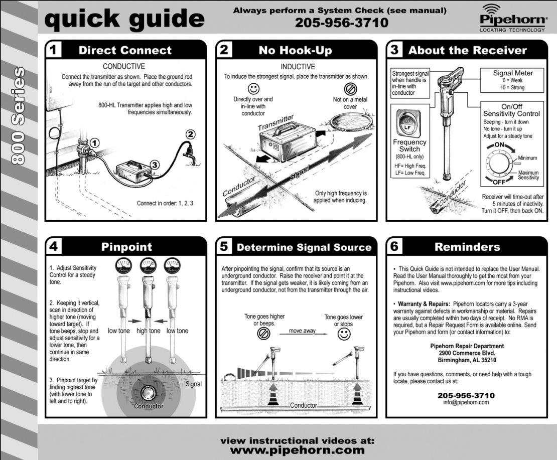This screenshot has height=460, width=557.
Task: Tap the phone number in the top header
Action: click(341, 23)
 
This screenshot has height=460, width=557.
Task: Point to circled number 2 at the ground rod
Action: click(190, 134)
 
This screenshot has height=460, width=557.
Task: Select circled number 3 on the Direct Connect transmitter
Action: click(155, 164)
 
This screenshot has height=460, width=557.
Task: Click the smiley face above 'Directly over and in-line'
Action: click(254, 89)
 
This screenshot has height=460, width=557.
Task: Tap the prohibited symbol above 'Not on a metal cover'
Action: click(350, 89)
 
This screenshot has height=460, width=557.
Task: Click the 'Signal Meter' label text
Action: click(513, 73)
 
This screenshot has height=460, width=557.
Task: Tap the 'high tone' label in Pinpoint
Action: click(148, 331)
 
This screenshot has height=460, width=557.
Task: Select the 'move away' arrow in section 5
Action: click(302, 332)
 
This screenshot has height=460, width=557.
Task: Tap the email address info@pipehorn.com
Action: click(466, 402)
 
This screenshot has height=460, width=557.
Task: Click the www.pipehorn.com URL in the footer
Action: click(297, 449)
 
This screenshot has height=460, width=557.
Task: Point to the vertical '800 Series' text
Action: click(18, 115)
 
